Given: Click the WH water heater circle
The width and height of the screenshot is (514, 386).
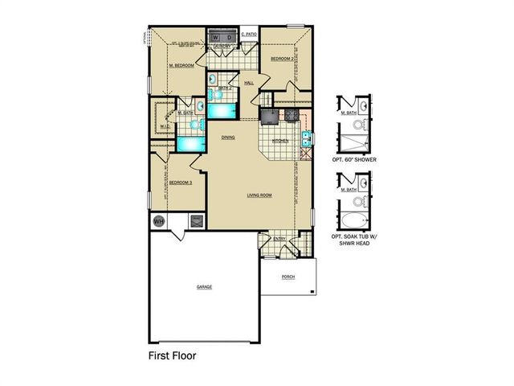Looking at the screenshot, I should pos(158,220).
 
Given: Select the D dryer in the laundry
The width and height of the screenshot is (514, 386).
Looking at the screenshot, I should pos(230,36).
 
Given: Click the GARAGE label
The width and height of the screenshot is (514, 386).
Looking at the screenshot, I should pos(204,286).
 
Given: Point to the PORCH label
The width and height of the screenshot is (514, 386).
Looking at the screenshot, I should pos(288,277).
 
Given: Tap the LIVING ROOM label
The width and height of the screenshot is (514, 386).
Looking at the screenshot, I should pos(259,195).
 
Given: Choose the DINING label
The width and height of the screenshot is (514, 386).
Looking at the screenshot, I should pos(228,138).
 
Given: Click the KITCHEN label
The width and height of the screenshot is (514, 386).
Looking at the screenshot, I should pos(280,141).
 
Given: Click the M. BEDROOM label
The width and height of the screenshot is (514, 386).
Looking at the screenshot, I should pos(182,66).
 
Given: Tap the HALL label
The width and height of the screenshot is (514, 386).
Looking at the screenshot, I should pos(249,82).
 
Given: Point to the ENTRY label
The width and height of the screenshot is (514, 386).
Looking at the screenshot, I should pos(279,238).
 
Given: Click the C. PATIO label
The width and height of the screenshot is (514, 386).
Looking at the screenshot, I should pos(248,35).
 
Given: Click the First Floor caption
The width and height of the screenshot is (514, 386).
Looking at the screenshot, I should pos(172,355).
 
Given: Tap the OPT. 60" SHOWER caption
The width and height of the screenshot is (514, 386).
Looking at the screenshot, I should pos(354,161).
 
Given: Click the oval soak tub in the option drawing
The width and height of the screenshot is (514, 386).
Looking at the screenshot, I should pos(354,220).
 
